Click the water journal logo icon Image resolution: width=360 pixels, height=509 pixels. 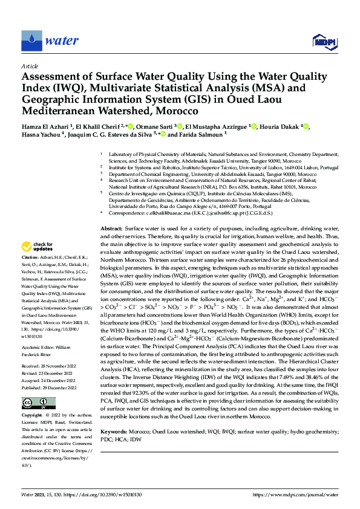coord(31,41)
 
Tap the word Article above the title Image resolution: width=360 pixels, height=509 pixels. coord(30,66)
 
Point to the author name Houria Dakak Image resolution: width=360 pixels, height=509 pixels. coord(284,126)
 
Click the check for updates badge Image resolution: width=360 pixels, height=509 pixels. coord(38,247)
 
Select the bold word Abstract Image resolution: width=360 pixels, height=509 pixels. coord(111,229)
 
